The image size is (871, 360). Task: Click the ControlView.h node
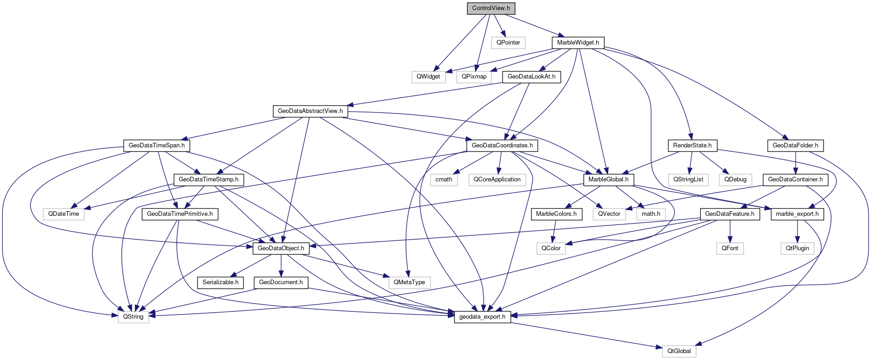pyautogui.click(x=491, y=8)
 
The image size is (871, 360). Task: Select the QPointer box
pyautogui.click(x=508, y=43)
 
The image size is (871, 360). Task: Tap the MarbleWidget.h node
pyautogui.click(x=578, y=43)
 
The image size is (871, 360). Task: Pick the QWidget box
pyautogui.click(x=428, y=77)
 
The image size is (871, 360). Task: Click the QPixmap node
pyautogui.click(x=474, y=77)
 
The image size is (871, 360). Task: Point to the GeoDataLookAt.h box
pyautogui.click(x=531, y=77)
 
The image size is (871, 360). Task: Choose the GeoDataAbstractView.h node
pyautogui.click(x=310, y=111)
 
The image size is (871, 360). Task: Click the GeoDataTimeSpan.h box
pyautogui.click(x=157, y=146)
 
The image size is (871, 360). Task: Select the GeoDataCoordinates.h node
pyautogui.click(x=502, y=146)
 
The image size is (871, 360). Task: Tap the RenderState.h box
pyautogui.click(x=692, y=146)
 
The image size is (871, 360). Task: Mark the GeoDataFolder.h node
pyautogui.click(x=795, y=146)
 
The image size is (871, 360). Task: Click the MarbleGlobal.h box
pyautogui.click(x=608, y=180)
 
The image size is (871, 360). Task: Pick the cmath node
pyautogui.click(x=444, y=180)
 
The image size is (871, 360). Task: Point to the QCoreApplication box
pyautogui.click(x=497, y=180)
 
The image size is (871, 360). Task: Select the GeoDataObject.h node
pyautogui.click(x=281, y=248)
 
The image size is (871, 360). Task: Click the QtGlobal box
pyautogui.click(x=679, y=351)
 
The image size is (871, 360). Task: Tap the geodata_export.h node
pyautogui.click(x=482, y=317)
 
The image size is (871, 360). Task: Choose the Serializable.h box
pyautogui.click(x=221, y=282)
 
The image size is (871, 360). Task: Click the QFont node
pyautogui.click(x=730, y=248)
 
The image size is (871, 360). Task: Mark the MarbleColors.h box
pyautogui.click(x=556, y=214)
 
